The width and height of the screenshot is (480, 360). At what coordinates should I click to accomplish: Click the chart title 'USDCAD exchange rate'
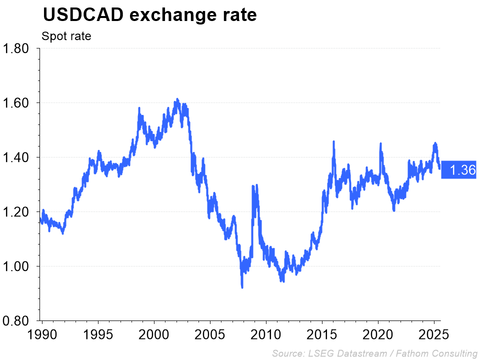[149, 15]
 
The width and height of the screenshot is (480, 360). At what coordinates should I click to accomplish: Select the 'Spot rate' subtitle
[66, 36]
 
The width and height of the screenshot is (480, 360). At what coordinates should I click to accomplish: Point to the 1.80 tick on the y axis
[17, 48]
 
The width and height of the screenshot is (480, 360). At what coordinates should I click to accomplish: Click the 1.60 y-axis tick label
[17, 103]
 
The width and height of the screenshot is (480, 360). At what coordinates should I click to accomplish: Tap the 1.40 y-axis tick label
[17, 157]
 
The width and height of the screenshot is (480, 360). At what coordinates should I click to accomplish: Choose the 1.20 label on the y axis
[17, 212]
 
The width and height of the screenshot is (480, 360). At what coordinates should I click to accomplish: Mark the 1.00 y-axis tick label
[17, 266]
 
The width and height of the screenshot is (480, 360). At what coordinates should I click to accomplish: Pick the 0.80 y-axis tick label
[17, 320]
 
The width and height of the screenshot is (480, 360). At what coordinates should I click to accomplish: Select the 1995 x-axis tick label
[98, 334]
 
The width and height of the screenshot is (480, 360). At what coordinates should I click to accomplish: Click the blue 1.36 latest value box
[461, 170]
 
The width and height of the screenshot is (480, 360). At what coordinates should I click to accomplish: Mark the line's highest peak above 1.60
[176, 100]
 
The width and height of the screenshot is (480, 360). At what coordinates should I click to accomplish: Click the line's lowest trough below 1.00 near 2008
[242, 287]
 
